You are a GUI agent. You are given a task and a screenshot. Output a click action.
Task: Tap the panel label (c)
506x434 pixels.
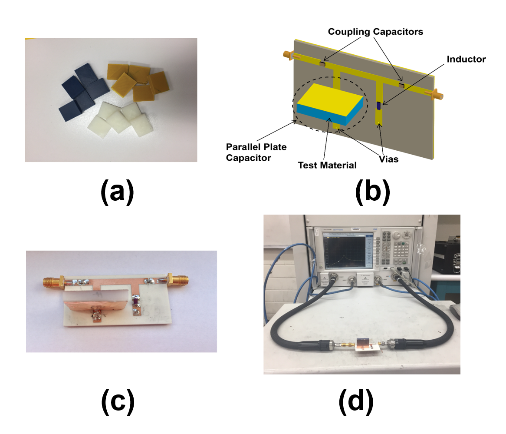coord(118,402)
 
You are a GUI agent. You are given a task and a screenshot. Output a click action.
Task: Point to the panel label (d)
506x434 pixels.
coord(356,402)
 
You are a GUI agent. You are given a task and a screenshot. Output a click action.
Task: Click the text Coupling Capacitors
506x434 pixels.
coord(375,32)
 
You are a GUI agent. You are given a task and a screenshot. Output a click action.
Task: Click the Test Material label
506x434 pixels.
coord(327,165)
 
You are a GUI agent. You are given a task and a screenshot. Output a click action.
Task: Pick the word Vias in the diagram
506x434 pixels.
coord(388,159)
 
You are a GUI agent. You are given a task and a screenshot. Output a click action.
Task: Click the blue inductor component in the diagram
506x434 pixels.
coord(378,106)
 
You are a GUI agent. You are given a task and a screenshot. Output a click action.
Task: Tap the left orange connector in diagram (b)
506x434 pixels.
coord(288,55)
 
